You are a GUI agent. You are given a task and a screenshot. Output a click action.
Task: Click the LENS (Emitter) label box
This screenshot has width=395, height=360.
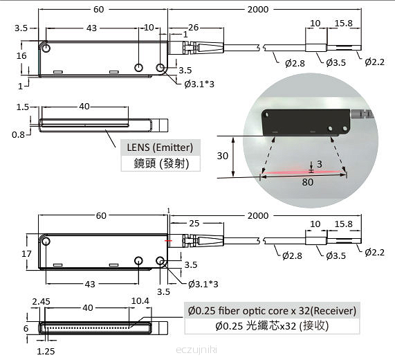tap(160, 147)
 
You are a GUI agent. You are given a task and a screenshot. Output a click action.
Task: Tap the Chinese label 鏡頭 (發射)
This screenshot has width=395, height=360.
tap(161, 163)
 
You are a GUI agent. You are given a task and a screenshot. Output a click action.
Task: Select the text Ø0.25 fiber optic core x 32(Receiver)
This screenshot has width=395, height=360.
tap(272, 311)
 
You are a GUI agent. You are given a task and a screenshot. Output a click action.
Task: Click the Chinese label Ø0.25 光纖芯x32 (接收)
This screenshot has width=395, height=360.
tap(272, 326)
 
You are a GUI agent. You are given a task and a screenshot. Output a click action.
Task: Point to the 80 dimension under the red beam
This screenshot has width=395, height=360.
tap(308, 182)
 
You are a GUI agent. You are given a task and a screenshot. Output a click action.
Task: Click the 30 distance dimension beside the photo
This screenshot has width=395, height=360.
tap(223, 156)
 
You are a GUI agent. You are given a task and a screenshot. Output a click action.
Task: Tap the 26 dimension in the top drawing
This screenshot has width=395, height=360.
tap(193, 27)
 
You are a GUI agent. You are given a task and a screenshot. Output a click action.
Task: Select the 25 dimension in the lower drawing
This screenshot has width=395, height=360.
tap(194, 223)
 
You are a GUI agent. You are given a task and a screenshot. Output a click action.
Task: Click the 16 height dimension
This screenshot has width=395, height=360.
tap(21, 55)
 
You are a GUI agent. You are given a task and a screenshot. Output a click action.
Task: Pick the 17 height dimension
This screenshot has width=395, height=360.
tap(26, 253)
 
